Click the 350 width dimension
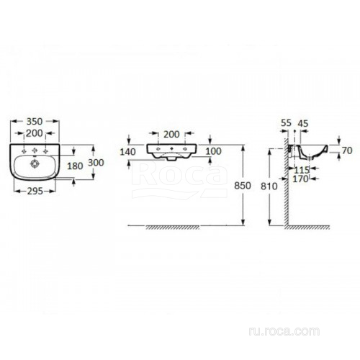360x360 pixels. coord(35,122)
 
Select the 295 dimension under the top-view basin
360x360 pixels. coord(35,192)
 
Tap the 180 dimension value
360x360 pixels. coord(75,166)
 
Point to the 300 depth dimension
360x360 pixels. coord(96,163)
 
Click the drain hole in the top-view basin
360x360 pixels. coord(35,163)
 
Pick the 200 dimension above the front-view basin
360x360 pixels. coord(171,135)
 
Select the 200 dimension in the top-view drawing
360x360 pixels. coord(35,133)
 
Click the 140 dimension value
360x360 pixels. coord(127,152)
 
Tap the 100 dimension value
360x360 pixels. coord(213,151)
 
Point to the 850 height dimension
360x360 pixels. coord(243,186)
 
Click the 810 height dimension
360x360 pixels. coord(269,186)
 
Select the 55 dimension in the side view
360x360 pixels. coord(286,123)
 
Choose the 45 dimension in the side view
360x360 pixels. coord(302,123)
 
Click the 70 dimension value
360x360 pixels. coord(347,150)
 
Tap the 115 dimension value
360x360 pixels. coord(302,170)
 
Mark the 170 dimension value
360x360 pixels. coord(300,179)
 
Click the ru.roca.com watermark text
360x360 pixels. coord(284,331)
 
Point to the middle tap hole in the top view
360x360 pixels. coord(35,150)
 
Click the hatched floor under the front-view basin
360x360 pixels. coord(173,228)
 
